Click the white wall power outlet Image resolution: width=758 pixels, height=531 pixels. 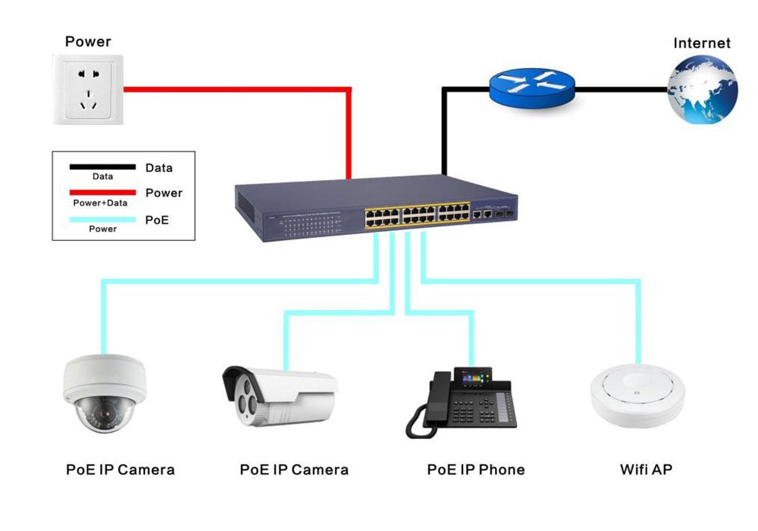click(x=89, y=90)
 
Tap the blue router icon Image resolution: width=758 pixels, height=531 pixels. click(x=532, y=88)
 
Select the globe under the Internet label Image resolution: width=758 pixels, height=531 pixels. click(x=703, y=90)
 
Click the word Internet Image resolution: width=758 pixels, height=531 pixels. click(x=702, y=43)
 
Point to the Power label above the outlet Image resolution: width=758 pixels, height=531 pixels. click(x=88, y=42)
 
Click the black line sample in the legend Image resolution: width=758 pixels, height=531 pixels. click(x=103, y=167)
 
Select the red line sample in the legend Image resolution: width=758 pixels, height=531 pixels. click(x=103, y=193)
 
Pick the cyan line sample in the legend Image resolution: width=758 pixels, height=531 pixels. click(x=103, y=220)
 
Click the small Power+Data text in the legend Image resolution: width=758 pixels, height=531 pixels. click(x=100, y=203)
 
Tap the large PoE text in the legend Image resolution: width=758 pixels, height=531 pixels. click(x=157, y=220)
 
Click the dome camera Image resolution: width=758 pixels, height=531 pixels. click(x=105, y=393)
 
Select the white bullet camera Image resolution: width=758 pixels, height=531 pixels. click(x=280, y=396)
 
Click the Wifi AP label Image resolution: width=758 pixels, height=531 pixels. click(x=646, y=470)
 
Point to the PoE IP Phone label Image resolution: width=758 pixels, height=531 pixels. click(x=476, y=470)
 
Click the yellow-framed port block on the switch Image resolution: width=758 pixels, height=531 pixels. click(x=417, y=216)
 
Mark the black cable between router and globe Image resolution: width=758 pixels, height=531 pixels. click(x=622, y=90)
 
